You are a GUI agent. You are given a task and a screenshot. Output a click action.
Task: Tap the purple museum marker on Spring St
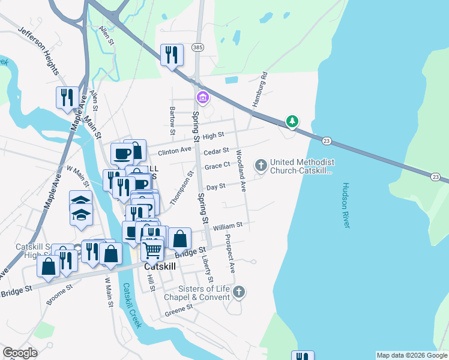(202, 97)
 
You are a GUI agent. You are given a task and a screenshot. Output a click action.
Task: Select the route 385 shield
(197, 47)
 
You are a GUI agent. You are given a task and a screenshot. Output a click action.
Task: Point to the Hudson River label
(346, 205)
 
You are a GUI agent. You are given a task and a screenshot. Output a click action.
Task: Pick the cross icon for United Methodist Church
(261, 164)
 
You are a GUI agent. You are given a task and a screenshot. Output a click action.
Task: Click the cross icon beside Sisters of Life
(238, 292)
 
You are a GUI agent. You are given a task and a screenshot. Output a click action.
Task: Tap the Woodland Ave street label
(241, 170)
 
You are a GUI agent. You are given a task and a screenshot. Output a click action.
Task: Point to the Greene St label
(179, 310)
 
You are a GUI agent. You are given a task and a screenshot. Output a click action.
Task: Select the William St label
(227, 226)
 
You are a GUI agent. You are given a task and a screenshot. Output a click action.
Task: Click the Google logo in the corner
(20, 353)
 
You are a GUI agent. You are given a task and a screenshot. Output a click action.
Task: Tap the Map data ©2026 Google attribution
(411, 355)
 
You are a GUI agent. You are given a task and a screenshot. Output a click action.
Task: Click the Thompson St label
(182, 188)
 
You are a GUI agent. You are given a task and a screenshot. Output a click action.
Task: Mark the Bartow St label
(172, 120)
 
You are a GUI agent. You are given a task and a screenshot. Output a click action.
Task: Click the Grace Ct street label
(217, 166)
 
